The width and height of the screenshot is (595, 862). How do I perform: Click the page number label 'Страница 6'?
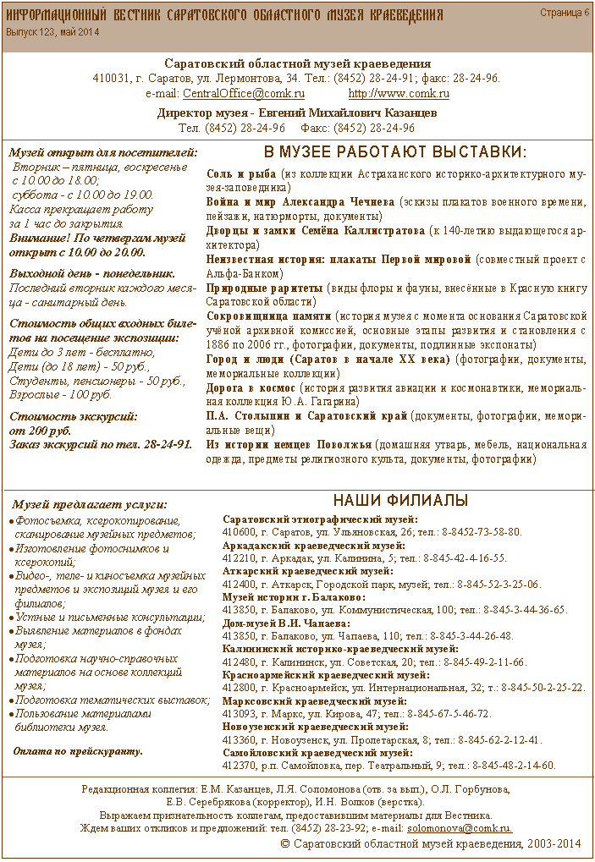[565, 13]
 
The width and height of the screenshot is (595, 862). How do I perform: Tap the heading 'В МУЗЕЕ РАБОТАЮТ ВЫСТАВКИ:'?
[395, 152]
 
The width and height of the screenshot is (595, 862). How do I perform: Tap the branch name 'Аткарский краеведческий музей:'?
[302, 571]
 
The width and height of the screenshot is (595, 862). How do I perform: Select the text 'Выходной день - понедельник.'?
[91, 273]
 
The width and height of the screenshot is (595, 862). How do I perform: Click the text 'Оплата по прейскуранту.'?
[79, 750]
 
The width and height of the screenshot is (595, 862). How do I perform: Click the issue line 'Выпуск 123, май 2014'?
[52, 31]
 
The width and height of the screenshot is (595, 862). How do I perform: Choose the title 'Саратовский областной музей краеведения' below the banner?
[297, 63]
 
